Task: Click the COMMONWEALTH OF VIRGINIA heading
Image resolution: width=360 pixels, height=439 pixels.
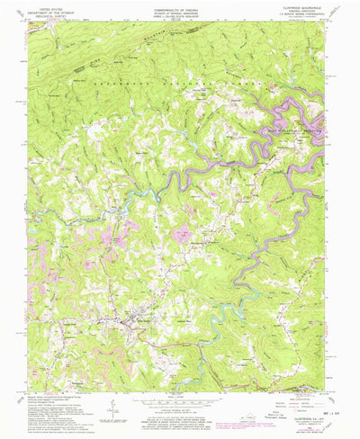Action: click(180, 5)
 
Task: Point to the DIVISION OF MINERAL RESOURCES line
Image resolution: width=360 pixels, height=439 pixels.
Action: click(180, 9)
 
